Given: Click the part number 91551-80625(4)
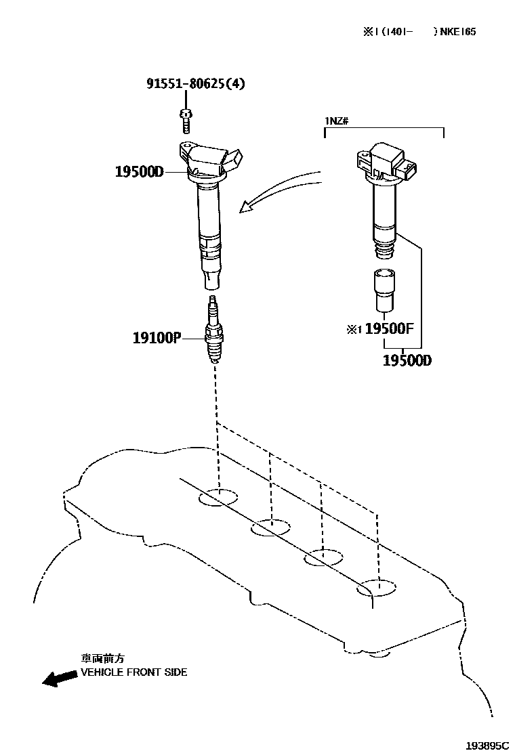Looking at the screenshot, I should pyautogui.click(x=196, y=84).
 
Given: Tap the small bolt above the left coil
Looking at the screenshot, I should pyautogui.click(x=185, y=121).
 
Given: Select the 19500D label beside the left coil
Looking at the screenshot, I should pyautogui.click(x=139, y=172).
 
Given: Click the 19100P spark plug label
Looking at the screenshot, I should pyautogui.click(x=157, y=337).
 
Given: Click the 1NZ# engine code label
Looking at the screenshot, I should pyautogui.click(x=337, y=121).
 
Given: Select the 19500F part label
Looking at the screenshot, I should pyautogui.click(x=388, y=329).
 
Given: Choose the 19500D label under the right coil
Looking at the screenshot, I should pyautogui.click(x=407, y=361).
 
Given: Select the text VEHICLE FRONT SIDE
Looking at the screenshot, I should pyautogui.click(x=134, y=672).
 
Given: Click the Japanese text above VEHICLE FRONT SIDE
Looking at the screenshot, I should pyautogui.click(x=103, y=658).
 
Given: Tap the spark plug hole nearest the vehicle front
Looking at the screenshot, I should pyautogui.click(x=219, y=498).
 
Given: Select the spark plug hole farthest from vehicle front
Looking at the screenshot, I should pyautogui.click(x=377, y=588).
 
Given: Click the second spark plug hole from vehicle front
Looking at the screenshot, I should pyautogui.click(x=270, y=528).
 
